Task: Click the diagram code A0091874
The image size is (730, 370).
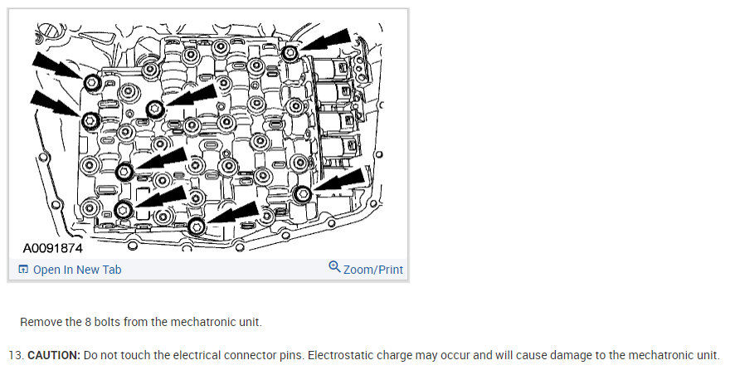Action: [x=53, y=248]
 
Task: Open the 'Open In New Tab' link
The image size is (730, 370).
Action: [x=77, y=270]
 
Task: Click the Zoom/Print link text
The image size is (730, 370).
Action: [x=373, y=270]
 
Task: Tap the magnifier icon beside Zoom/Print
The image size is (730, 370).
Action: [x=334, y=267]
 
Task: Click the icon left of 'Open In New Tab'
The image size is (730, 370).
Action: [x=23, y=270]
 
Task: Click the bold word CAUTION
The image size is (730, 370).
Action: [x=53, y=354]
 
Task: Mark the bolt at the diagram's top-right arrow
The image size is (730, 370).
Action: [x=290, y=54]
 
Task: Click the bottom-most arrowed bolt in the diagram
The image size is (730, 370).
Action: [x=197, y=226]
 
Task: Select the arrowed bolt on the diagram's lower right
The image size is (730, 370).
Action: [x=302, y=193]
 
